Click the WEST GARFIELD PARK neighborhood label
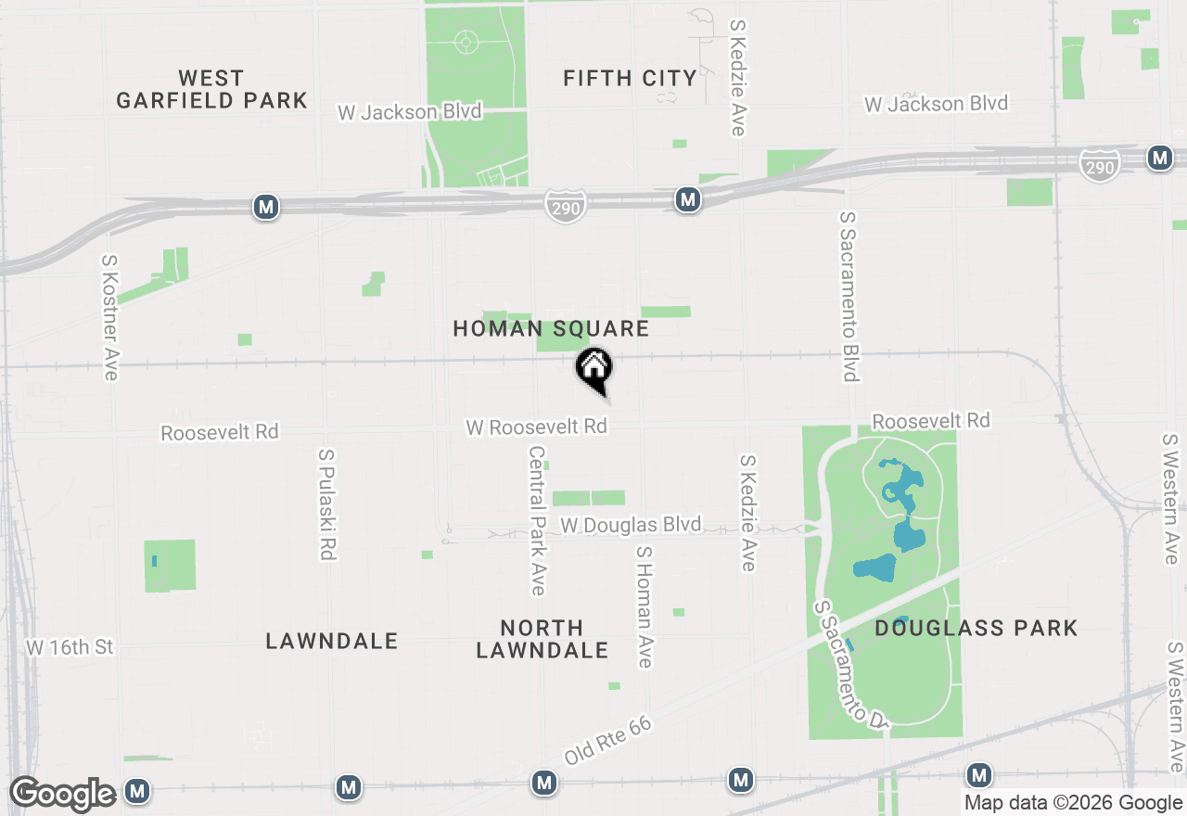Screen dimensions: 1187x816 [x=211, y=89]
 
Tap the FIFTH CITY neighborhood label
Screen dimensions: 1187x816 [x=630, y=79]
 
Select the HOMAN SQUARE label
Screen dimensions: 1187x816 [x=551, y=329]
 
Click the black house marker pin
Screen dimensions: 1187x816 [x=594, y=369]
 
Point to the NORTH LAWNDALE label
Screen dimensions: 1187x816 [x=542, y=639]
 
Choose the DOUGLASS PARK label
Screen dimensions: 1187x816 [x=976, y=629]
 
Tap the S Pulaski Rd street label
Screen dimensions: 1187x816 [x=326, y=505]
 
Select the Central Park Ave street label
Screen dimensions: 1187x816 [x=537, y=520]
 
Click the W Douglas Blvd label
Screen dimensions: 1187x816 [x=631, y=526]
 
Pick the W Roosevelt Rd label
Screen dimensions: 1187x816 [x=536, y=427]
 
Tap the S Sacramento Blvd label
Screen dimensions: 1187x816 [x=849, y=296]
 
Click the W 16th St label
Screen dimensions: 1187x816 [x=70, y=647]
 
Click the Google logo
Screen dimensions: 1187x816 [x=62, y=794]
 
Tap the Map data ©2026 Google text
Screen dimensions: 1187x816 [x=1073, y=803]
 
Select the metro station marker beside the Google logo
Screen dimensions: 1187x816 [x=138, y=791]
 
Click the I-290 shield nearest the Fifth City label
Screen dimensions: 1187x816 [x=565, y=206]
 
